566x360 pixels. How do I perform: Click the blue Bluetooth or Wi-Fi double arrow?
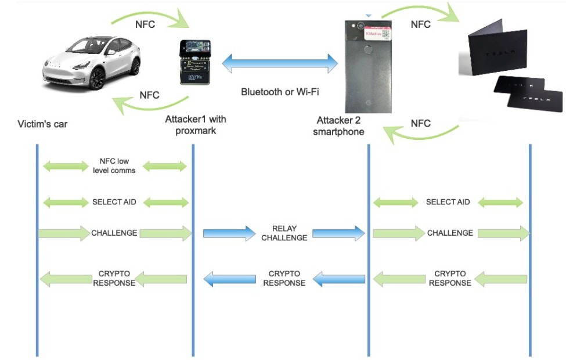pyautogui.click(x=280, y=63)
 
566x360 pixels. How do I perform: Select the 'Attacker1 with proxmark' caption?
pyautogui.click(x=196, y=125)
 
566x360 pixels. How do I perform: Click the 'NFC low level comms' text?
pyautogui.click(x=114, y=165)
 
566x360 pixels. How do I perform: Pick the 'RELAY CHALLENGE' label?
pyautogui.click(x=284, y=233)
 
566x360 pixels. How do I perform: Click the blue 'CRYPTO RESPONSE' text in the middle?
pyautogui.click(x=284, y=278)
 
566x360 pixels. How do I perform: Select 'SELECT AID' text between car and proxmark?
pyautogui.click(x=114, y=203)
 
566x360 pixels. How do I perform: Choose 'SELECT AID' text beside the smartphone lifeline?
pyautogui.click(x=448, y=202)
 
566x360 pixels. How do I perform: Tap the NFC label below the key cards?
pyautogui.click(x=420, y=123)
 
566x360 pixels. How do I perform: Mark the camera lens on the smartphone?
pyautogui.click(x=360, y=26)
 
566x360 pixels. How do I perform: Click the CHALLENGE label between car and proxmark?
pyautogui.click(x=114, y=233)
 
